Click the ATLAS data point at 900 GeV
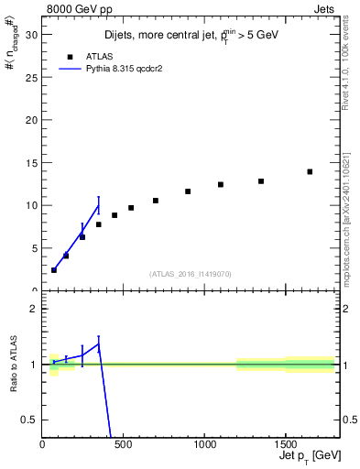tap(188, 191)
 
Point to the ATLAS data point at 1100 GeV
tap(221, 184)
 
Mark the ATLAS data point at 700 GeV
tap(156, 201)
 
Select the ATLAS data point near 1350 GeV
tap(261, 181)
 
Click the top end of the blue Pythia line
tap(99, 204)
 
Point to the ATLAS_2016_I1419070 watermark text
tap(191, 274)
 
